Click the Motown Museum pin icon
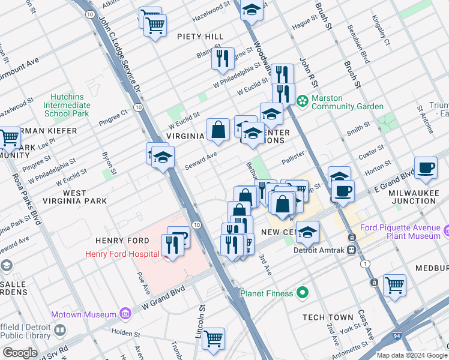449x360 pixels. [x=125, y=313]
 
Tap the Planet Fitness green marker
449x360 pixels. [x=303, y=293]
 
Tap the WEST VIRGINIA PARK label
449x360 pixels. [x=76, y=197]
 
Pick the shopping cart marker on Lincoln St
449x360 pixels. [x=214, y=339]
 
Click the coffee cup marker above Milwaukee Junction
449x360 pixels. [x=426, y=167]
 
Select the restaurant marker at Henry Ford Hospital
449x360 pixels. [x=172, y=245]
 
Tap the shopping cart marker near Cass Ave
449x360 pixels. [x=394, y=285]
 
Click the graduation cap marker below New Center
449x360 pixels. [x=307, y=232]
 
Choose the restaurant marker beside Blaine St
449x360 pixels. [x=223, y=59]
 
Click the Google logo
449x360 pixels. [x=20, y=353]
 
